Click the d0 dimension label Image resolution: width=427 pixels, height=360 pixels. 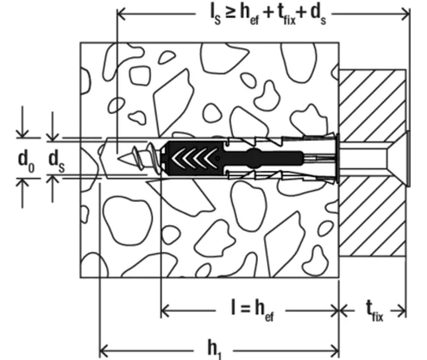[x=27, y=161]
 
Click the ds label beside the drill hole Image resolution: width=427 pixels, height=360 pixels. [x=57, y=161]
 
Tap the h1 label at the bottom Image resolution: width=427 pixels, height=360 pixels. [x=214, y=351]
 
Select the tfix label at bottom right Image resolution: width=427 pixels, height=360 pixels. [x=374, y=313]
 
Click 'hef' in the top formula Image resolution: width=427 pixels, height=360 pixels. [x=249, y=16]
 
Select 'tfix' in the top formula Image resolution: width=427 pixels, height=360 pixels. [x=286, y=16]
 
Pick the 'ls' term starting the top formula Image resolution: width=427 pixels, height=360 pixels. [x=215, y=16]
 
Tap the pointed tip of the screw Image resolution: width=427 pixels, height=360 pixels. [x=118, y=158]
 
